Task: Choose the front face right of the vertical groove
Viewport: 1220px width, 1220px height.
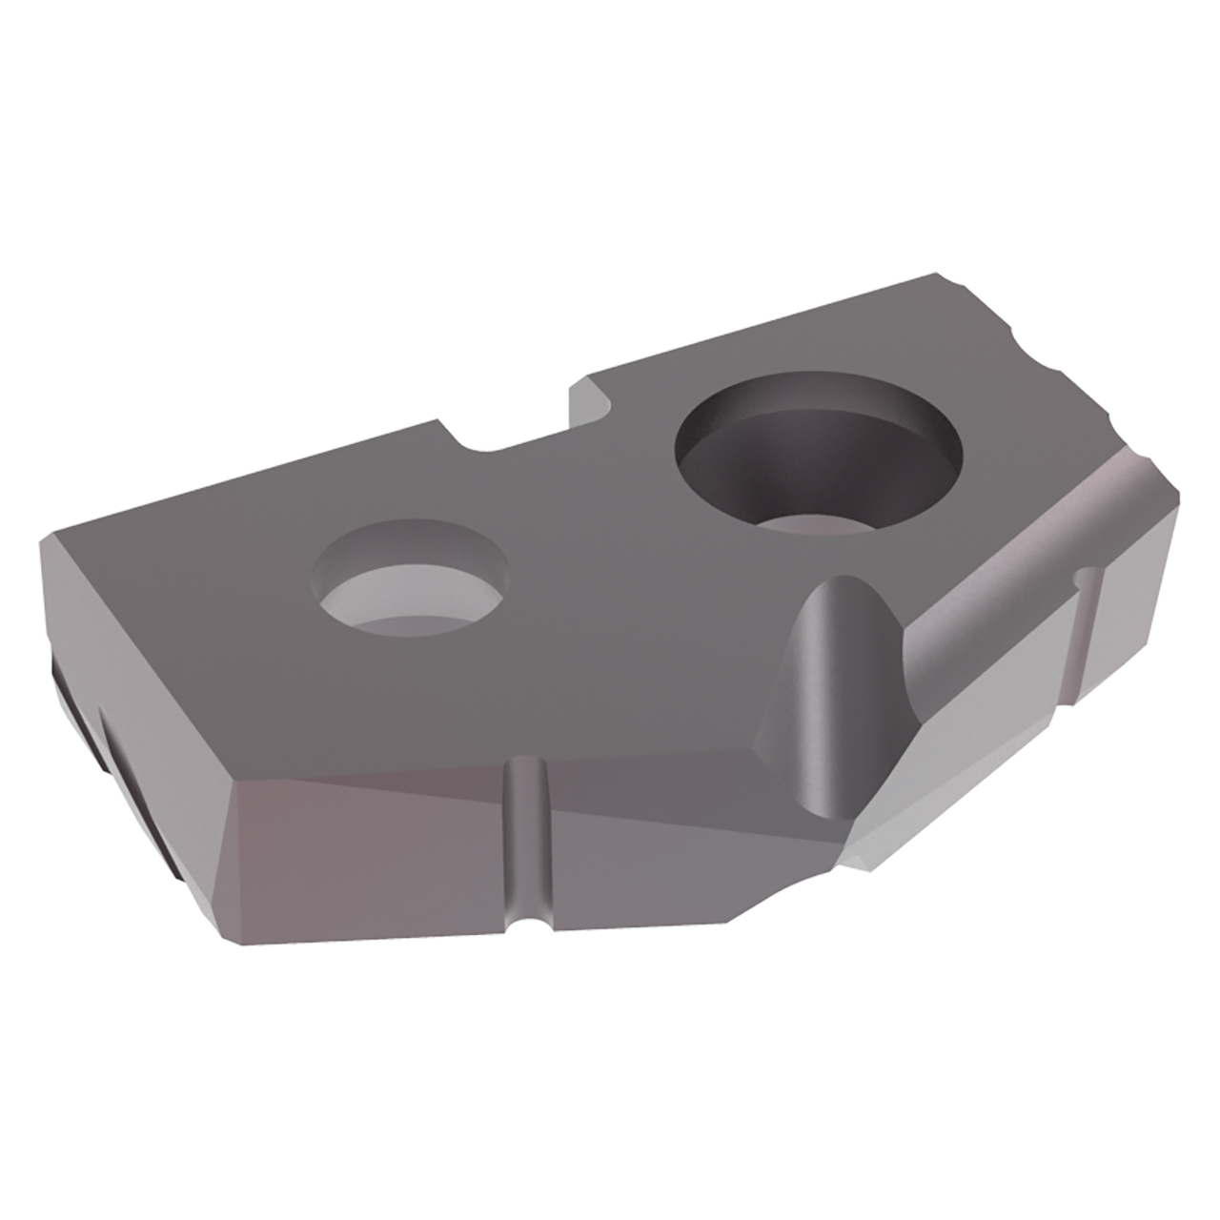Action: pos(648,858)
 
